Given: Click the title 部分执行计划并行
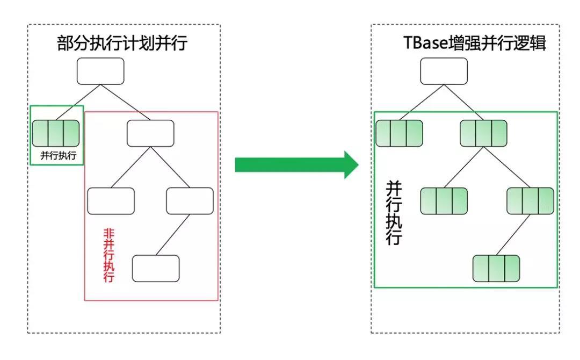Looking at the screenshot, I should point(122,43).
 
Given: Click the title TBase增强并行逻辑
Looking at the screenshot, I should point(475,43).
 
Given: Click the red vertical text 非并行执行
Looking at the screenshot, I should point(108,256).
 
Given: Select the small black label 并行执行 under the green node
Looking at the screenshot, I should point(58,156).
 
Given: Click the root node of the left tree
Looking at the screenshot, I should point(100,71).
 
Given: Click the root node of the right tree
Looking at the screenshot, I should point(444,71).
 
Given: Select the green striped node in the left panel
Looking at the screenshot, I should point(56,134).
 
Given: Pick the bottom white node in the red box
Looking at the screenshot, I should point(156,268).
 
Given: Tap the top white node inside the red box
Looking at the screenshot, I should point(150,133).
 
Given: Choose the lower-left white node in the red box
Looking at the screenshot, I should point(111,201).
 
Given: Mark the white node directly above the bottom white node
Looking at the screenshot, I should point(190,201).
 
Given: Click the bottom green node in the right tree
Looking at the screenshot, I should point(496,269).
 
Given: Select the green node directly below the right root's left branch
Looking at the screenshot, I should point(399,134).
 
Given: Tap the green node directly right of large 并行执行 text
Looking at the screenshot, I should point(444,201).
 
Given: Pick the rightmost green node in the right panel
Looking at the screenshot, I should point(531,201).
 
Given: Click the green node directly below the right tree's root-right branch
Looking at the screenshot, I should point(483,134).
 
